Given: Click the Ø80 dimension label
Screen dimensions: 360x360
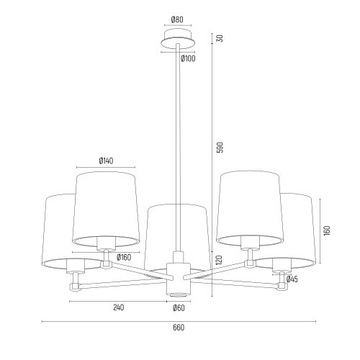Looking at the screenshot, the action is (177, 19).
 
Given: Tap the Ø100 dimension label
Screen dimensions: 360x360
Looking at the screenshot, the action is (188, 58).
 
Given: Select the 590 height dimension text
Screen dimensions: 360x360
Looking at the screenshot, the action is (220, 148).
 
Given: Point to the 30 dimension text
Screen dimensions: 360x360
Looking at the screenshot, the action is (220, 38).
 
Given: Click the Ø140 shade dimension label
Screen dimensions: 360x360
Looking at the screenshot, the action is (106, 161).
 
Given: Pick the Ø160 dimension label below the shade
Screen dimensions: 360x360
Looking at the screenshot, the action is (124, 258).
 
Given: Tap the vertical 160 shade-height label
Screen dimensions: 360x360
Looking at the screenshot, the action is (327, 230).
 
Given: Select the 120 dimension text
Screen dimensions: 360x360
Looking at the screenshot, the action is (219, 260).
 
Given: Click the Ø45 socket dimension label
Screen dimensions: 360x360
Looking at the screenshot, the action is (292, 279).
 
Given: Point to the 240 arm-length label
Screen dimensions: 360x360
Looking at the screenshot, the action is (119, 307).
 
